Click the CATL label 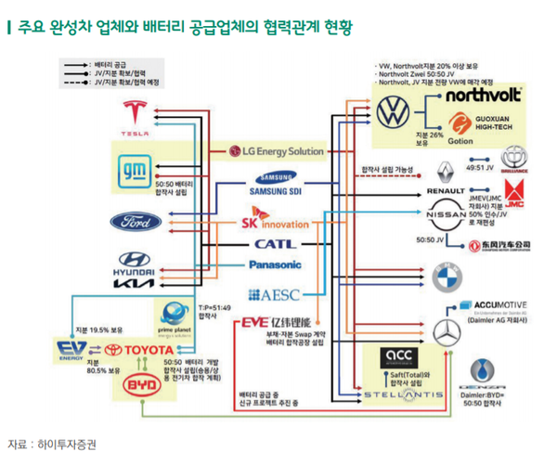coord(273,245)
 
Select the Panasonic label coord(273,265)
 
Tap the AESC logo coord(272,295)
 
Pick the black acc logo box coord(406,357)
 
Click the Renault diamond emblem coord(447,171)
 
